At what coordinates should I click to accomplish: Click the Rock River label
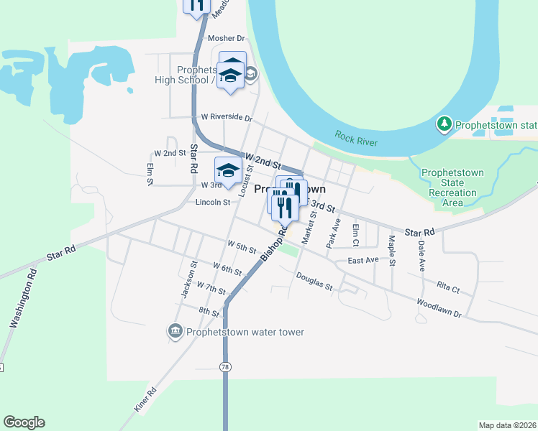(x=356, y=136)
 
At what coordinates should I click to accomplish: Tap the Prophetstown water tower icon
(x=175, y=331)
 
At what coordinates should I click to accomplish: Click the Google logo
(x=24, y=422)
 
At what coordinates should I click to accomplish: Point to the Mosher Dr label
(x=226, y=38)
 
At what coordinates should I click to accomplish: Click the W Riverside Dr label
(x=227, y=117)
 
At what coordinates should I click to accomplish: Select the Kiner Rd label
(x=145, y=400)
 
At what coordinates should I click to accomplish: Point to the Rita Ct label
(x=447, y=287)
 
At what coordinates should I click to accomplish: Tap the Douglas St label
(x=314, y=282)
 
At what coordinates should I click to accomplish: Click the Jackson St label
(x=188, y=279)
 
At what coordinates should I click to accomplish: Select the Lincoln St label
(x=212, y=203)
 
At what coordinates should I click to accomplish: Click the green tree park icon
(x=445, y=125)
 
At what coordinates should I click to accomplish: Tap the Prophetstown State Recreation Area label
(x=452, y=188)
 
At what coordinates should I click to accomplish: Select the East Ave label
(x=363, y=260)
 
